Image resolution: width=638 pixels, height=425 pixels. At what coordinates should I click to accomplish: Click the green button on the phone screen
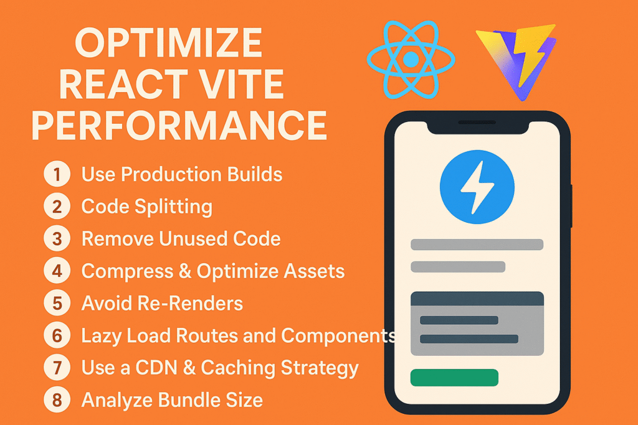(x=454, y=377)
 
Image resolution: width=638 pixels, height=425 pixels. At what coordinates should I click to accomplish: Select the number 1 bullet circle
(x=57, y=174)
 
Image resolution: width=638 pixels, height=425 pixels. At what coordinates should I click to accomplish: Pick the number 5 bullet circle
(x=57, y=303)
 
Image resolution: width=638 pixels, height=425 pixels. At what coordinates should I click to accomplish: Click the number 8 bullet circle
(x=57, y=400)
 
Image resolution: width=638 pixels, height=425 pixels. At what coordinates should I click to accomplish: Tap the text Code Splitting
(x=147, y=207)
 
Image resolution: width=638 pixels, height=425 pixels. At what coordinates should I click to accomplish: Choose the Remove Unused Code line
(x=181, y=239)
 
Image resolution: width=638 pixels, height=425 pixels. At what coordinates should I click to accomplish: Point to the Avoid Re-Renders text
(x=162, y=303)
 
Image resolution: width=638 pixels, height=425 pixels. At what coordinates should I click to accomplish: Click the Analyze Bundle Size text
(x=172, y=400)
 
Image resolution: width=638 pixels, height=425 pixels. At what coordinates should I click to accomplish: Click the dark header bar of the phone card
(x=477, y=299)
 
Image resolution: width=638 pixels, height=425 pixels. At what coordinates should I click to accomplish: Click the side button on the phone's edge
(x=571, y=205)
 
